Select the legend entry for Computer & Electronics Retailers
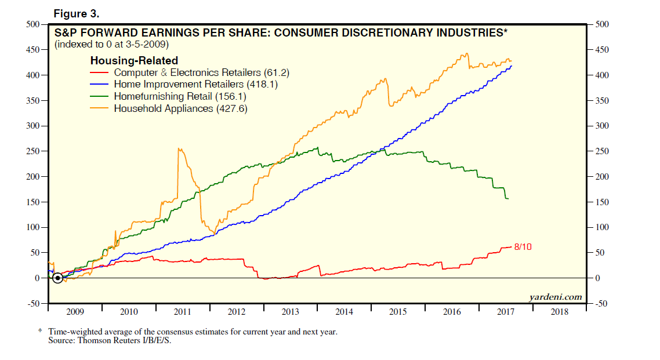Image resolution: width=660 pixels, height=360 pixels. point(201,73)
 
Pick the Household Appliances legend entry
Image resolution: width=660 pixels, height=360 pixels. point(180,108)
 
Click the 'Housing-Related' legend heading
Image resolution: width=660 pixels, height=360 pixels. point(134,61)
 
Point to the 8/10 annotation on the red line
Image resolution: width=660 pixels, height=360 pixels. point(523,247)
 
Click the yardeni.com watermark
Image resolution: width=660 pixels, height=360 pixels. point(555,297)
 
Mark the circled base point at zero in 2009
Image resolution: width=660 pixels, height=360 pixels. point(57,278)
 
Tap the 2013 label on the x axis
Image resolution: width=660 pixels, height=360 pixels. point(290,312)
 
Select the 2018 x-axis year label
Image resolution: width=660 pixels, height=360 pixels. point(559,312)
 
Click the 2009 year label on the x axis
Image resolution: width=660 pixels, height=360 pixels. point(75,312)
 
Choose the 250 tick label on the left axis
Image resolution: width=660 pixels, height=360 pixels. point(31,151)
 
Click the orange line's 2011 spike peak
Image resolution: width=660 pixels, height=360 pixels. point(179,149)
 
